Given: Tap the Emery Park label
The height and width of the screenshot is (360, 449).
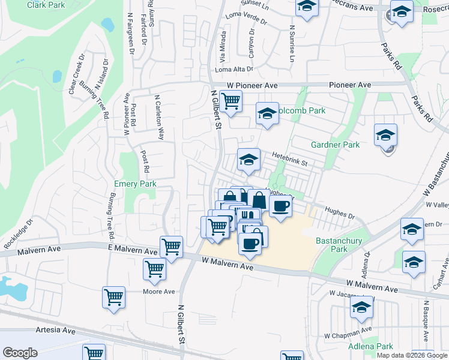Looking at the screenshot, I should click(x=135, y=184).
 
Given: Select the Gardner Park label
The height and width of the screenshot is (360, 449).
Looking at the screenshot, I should click(x=335, y=145).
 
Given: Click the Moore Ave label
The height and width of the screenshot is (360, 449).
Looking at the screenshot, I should click(x=158, y=292).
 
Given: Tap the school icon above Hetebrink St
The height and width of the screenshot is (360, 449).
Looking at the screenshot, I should click(x=249, y=159).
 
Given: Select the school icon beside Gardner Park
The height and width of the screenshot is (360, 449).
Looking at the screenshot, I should click(x=385, y=135).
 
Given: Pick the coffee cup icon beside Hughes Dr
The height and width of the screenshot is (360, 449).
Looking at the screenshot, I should click(x=280, y=206).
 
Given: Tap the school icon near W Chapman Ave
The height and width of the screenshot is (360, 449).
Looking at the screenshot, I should click(x=362, y=308).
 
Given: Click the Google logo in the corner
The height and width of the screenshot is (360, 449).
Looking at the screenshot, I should click(x=20, y=353).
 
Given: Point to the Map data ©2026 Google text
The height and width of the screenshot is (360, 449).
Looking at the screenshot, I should click(x=412, y=355).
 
